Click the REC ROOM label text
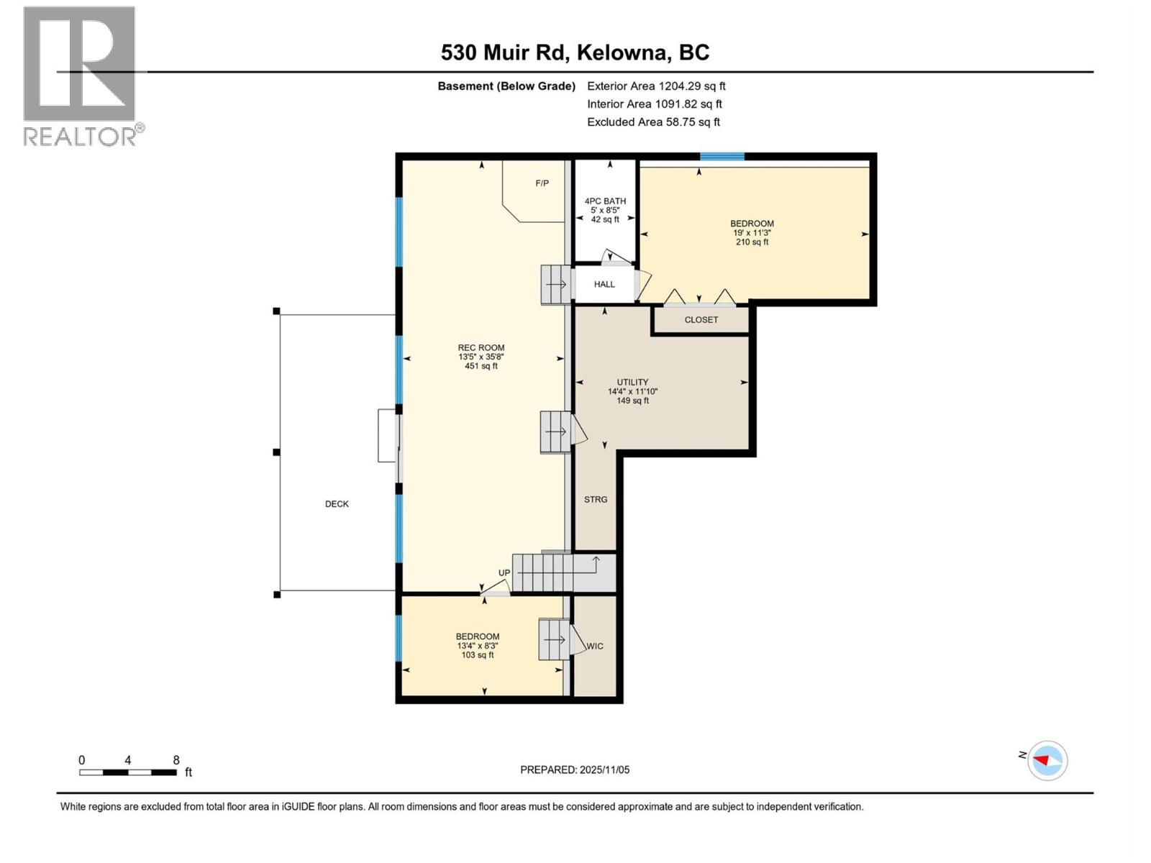coord(481,348)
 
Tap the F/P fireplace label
coord(542,183)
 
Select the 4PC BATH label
coord(605,201)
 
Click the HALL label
coord(604,284)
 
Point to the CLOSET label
coord(701,320)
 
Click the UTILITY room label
coord(632,383)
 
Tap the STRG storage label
coord(596,499)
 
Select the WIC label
coord(595,646)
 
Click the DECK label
coord(337,504)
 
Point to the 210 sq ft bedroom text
coord(752,242)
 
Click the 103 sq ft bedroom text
coord(478,655)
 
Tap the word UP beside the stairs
coord(504,573)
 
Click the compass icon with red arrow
coord(1047,760)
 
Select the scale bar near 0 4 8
coord(128,772)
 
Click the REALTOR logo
coord(80,76)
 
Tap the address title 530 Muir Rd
coord(575,52)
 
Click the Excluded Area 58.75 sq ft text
coord(653,122)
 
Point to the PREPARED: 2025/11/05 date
coord(575,770)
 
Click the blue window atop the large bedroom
coord(722,156)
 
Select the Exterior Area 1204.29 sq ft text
coord(656,86)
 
